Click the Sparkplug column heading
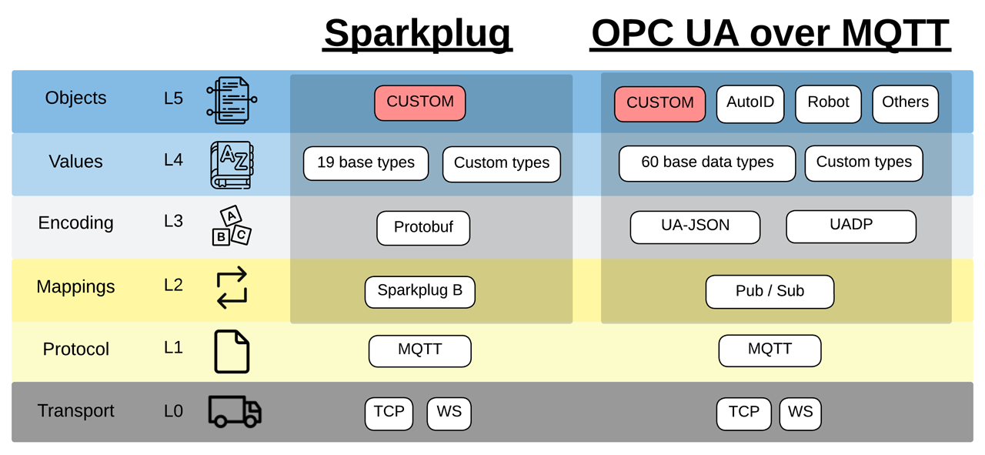coord(418,33)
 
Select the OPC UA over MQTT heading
coord(770,33)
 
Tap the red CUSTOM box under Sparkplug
coord(420,102)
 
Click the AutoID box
coord(750,103)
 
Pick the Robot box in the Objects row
coord(828,103)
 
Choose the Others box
coord(905,103)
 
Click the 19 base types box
coord(366,163)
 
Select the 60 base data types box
coord(707,163)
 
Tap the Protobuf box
coord(423,228)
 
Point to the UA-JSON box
coord(695,227)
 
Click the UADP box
coord(851,226)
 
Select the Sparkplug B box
coord(420,292)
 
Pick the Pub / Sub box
coord(770,292)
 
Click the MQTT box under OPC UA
coord(770,350)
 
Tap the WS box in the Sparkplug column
coord(449,413)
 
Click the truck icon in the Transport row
coord(235,412)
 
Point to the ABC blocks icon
coord(232,226)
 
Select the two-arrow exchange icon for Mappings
coord(232,288)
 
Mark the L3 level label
coord(173,222)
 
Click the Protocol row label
coord(75,350)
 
